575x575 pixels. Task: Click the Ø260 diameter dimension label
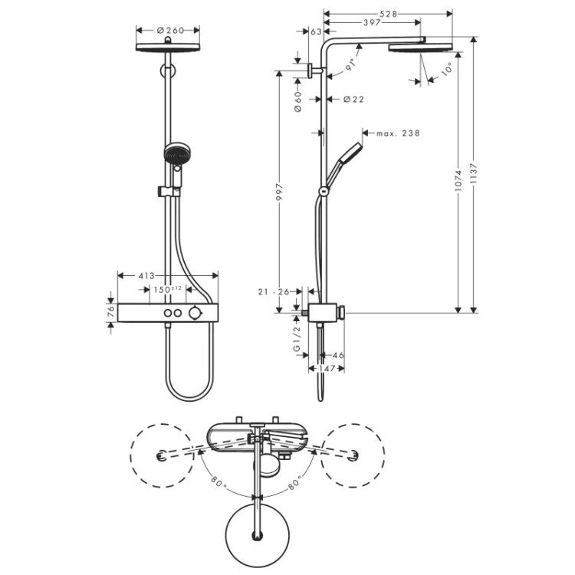(170, 30)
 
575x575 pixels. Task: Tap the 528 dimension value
(389, 14)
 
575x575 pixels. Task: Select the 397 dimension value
(372, 23)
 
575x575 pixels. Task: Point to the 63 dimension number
(316, 31)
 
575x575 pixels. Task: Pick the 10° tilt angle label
(446, 69)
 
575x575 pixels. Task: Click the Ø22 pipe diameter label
(353, 99)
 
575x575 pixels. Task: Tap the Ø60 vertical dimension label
(297, 101)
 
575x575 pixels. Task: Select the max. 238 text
(398, 133)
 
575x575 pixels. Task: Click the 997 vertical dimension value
(279, 192)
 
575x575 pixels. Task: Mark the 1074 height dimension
(458, 180)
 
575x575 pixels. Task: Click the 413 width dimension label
(146, 276)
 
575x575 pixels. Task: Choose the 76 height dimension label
(111, 313)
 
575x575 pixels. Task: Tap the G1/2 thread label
(297, 339)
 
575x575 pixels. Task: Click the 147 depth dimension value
(327, 369)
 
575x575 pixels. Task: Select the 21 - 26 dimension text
(274, 292)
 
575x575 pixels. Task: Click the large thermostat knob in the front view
(195, 313)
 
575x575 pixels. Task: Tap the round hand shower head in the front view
(178, 153)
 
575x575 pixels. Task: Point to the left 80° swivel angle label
(219, 481)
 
